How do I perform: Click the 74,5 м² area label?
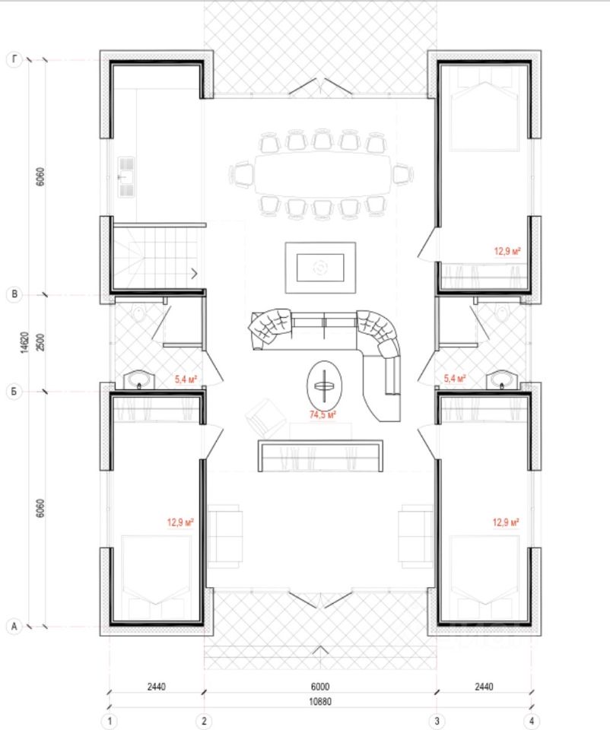pos(322,414)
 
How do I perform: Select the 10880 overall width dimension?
pos(320,701)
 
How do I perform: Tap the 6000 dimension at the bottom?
pos(320,686)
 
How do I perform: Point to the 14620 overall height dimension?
pos(24,342)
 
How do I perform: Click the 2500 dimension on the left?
pos(40,342)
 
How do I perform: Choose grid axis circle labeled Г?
pos(14,59)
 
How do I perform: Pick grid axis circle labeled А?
pos(14,626)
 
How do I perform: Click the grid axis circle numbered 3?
pos(437,721)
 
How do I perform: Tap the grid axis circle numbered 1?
pos(110,721)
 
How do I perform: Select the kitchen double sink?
pos(126,177)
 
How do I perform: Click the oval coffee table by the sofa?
pos(324,386)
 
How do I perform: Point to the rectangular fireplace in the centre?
pos(320,268)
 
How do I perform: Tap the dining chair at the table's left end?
pos(241,175)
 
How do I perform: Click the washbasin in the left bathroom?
pos(138,380)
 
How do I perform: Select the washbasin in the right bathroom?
pos(502,380)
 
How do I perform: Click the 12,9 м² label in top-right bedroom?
pos(507,252)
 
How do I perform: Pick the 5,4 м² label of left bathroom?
pos(186,379)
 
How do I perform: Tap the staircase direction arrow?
pos(194,274)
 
